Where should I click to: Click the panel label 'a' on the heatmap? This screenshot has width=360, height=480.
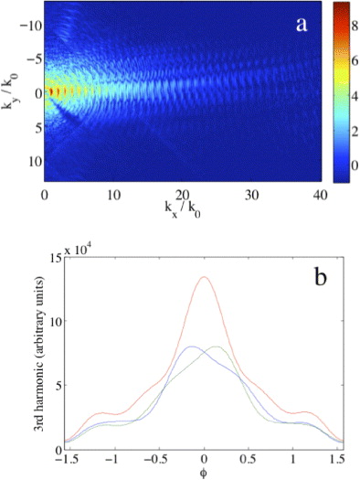298,26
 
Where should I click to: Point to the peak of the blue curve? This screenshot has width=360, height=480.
190,347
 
